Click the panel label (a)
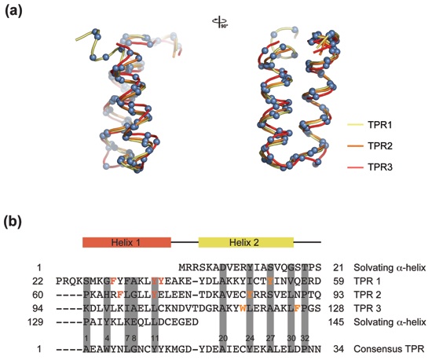click(x=13, y=11)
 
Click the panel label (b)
click(x=13, y=222)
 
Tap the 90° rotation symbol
click(x=220, y=22)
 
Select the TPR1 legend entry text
click(x=380, y=125)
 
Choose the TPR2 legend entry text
click(x=380, y=146)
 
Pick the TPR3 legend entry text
click(x=380, y=167)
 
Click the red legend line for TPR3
click(x=355, y=167)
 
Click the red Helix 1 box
click(x=126, y=242)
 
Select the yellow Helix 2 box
click(x=246, y=242)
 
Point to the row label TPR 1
click(x=368, y=281)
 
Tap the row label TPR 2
click(x=368, y=295)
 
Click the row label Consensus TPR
click(x=389, y=349)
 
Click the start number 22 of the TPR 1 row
click(x=38, y=281)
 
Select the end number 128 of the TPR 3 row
click(x=336, y=308)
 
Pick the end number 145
click(x=336, y=321)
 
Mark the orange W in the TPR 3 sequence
click(x=243, y=308)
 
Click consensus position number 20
click(x=223, y=338)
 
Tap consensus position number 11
click(x=155, y=338)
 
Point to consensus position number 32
click(x=305, y=338)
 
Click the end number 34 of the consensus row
click(x=339, y=349)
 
